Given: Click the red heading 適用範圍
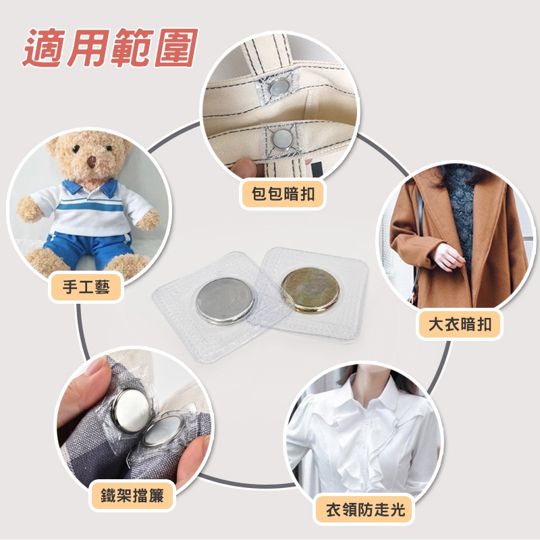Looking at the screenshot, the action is (x=111, y=48).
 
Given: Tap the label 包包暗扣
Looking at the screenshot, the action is (x=283, y=194).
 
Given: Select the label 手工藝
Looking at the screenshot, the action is (x=86, y=288).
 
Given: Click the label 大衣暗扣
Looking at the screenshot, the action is (x=460, y=325).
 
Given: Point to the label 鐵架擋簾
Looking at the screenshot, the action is (x=132, y=495).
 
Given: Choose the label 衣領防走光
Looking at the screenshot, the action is (x=365, y=510).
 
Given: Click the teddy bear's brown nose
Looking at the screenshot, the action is (x=92, y=162).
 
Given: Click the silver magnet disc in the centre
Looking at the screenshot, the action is (x=225, y=300).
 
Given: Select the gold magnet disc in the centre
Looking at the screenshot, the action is (x=310, y=290).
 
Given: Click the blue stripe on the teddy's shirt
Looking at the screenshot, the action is (x=89, y=207).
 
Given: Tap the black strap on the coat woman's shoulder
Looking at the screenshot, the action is (x=420, y=213).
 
